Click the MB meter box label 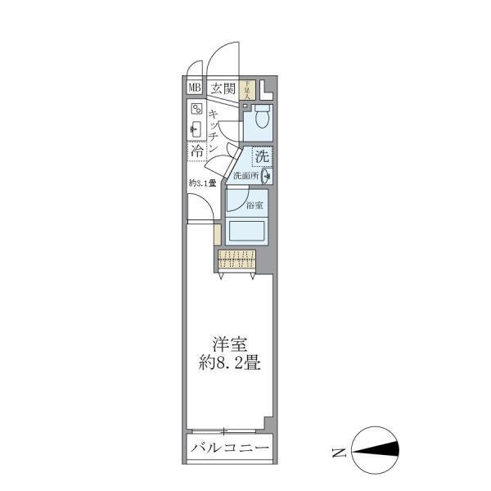pyautogui.click(x=195, y=88)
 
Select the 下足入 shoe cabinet pyautogui.click(x=247, y=88)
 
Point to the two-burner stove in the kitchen pyautogui.click(x=196, y=109)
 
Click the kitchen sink pyautogui.click(x=196, y=128)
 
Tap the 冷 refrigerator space pyautogui.click(x=196, y=151)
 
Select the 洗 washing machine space pyautogui.click(x=261, y=155)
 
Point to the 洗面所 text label pyautogui.click(x=245, y=175)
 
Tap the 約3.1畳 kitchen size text pyautogui.click(x=201, y=182)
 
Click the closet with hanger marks pyautogui.click(x=237, y=259)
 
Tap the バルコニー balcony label pyautogui.click(x=229, y=448)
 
